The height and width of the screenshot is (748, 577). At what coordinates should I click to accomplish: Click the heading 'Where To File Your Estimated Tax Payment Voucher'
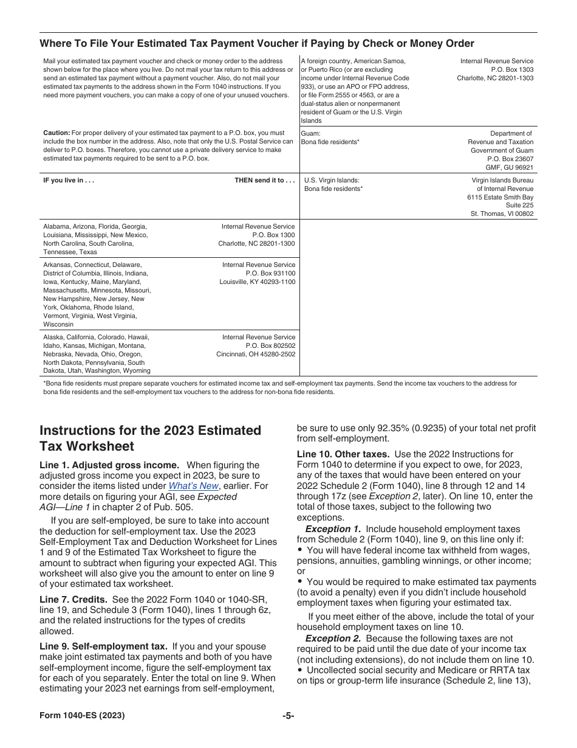click(256, 43)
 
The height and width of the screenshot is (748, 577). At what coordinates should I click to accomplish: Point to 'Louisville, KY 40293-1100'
click(258, 282)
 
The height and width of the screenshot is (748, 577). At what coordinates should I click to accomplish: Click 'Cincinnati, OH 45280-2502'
click(256, 355)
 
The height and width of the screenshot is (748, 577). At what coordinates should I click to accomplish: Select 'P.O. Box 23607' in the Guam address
click(510, 159)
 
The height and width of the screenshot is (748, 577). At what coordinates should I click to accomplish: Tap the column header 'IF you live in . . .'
click(69, 181)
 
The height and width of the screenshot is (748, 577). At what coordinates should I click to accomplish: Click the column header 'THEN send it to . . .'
click(265, 181)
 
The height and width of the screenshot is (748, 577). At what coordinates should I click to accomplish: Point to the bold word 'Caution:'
click(56, 133)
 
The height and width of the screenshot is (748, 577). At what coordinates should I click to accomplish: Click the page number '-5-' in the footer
click(288, 716)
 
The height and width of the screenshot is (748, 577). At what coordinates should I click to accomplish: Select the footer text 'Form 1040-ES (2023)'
click(82, 716)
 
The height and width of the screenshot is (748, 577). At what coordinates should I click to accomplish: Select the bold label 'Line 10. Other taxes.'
click(344, 454)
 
